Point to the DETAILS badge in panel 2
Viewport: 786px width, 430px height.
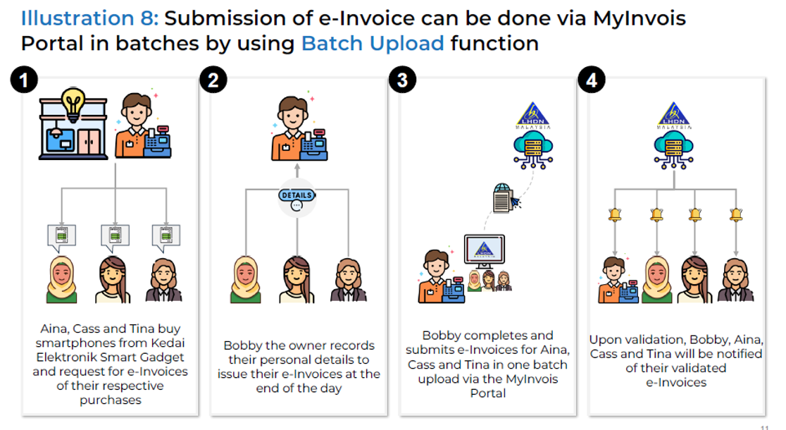297,195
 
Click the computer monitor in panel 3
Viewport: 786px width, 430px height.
485,251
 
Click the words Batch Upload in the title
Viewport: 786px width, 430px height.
373,44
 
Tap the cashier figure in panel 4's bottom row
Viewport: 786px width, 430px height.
618,281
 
